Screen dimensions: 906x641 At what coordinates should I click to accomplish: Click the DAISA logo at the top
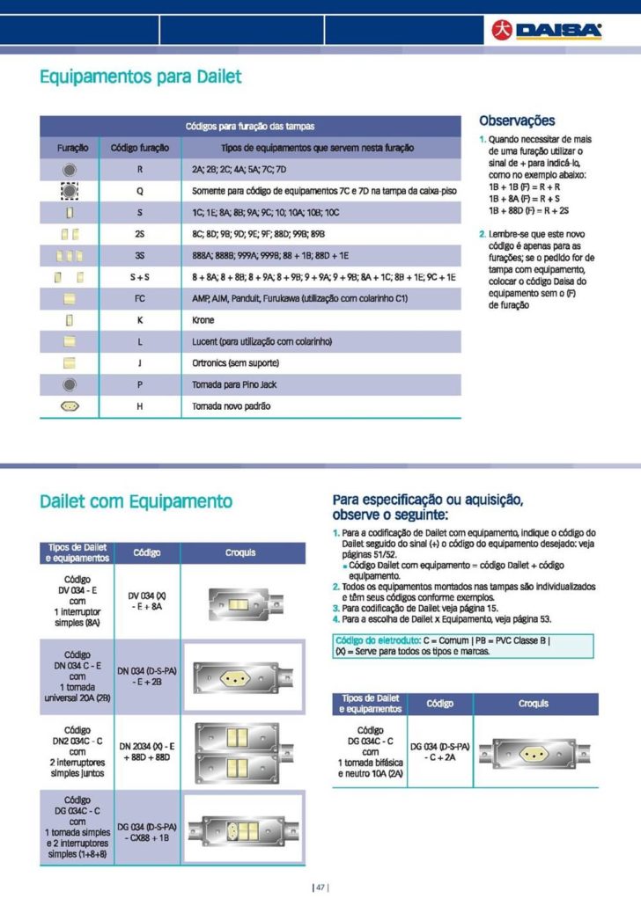coord(547,32)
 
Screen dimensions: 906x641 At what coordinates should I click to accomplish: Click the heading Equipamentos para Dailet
coord(141,77)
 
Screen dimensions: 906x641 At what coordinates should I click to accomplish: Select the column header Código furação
coord(140,148)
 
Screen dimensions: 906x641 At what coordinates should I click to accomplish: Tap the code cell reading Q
coord(140,190)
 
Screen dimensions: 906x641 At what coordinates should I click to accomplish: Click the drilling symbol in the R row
coord(71,169)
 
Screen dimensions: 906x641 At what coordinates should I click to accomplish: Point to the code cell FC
coord(140,299)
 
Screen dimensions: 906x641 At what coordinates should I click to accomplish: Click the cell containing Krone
coord(203,320)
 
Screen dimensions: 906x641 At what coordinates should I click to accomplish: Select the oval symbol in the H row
coord(71,406)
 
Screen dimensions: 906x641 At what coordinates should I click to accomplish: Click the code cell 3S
coord(140,256)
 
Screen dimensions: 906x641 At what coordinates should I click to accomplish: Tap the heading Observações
coord(517,121)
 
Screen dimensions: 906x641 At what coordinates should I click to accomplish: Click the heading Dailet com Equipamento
coord(136,501)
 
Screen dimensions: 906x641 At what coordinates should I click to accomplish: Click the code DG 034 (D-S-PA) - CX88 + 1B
coord(147,831)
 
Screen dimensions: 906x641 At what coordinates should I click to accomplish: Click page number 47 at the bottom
coord(320,887)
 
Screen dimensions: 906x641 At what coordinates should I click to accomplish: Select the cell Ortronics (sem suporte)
coord(236,363)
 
